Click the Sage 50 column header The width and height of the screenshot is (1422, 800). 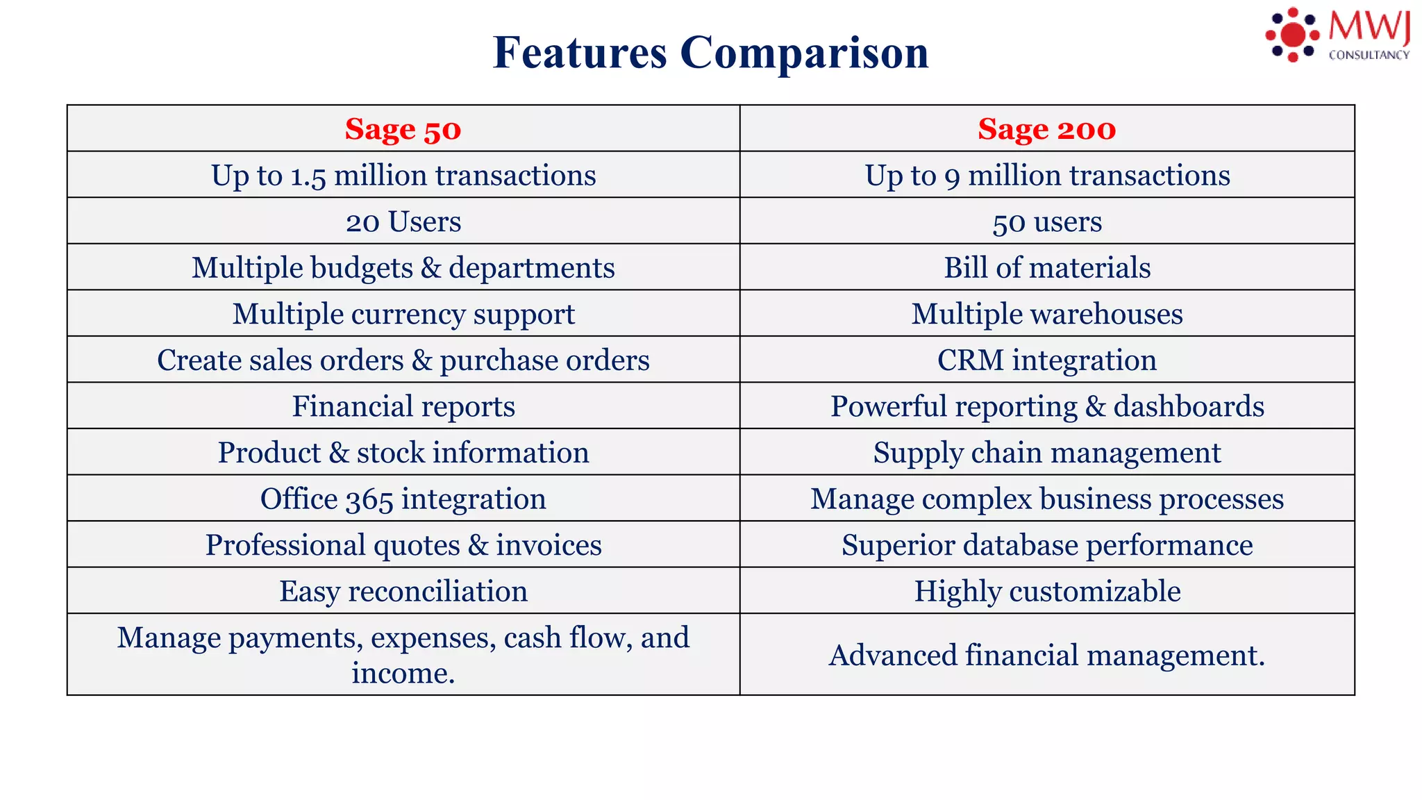point(403,129)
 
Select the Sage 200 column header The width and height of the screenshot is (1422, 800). point(1046,129)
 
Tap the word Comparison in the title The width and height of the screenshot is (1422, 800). point(804,53)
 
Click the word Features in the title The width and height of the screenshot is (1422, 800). point(580,53)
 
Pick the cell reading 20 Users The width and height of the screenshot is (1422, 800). point(403,222)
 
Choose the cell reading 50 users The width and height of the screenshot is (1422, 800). point(1046,222)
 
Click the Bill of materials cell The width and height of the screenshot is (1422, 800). point(1046,268)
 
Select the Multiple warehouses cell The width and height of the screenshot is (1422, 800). point(1046,314)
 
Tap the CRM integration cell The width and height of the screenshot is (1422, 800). point(1046,360)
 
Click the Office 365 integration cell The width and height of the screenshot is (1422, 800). point(403,499)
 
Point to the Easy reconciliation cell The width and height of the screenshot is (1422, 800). point(403,591)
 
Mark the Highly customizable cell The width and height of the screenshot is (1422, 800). point(1046,591)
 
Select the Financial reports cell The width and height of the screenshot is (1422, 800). point(403,406)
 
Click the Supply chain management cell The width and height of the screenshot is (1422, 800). point(1046,453)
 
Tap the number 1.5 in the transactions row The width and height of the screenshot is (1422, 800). point(308,176)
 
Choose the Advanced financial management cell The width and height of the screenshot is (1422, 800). point(1046,655)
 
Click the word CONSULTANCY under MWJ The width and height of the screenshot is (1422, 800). point(1369,56)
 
